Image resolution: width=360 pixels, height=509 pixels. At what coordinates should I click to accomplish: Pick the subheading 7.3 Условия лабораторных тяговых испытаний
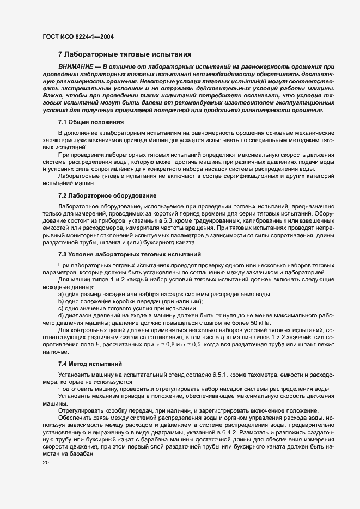[x=130, y=254]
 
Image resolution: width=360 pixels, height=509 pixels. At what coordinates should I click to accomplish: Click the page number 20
[x=45, y=462]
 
